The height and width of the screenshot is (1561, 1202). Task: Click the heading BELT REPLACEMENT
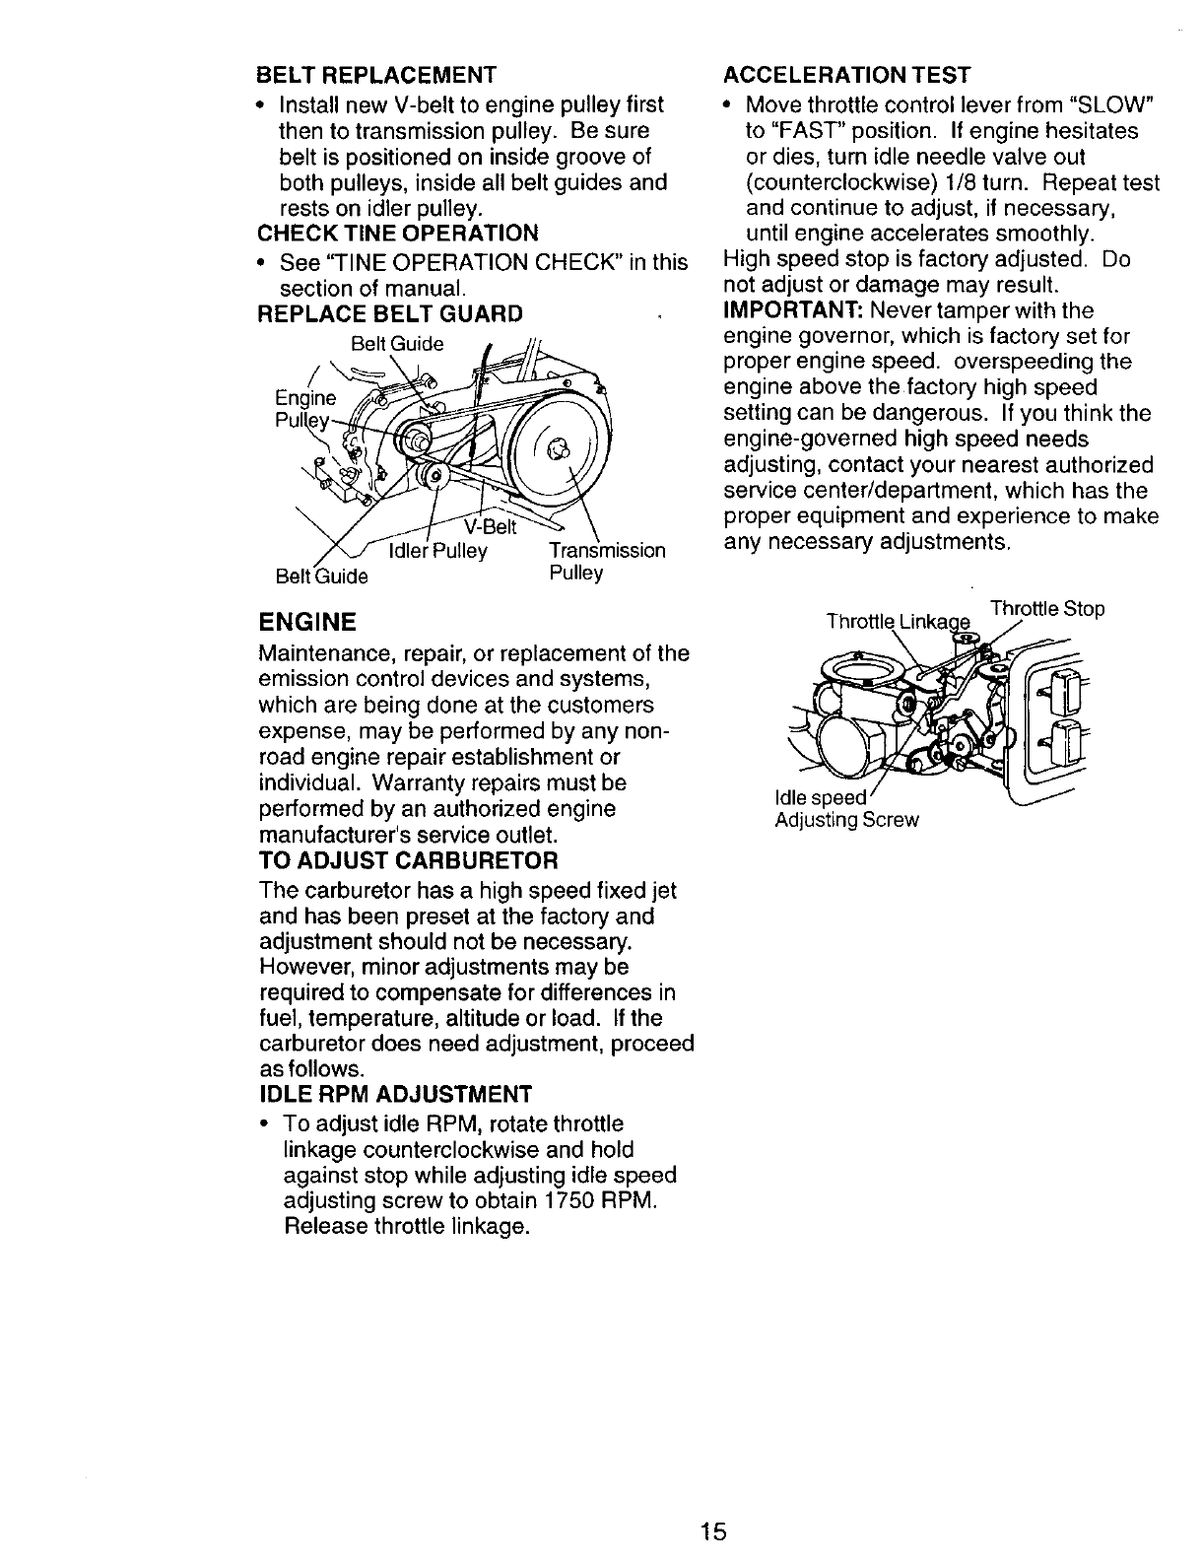pyautogui.click(x=375, y=76)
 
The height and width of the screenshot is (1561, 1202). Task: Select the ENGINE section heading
pyautogui.click(x=306, y=623)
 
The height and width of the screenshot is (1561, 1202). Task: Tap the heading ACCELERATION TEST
pyautogui.click(x=846, y=76)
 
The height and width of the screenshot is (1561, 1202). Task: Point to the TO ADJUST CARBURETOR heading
pyautogui.click(x=408, y=860)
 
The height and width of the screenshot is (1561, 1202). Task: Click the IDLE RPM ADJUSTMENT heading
pyautogui.click(x=394, y=1095)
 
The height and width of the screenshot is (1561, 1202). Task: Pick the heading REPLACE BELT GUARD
pyautogui.click(x=389, y=314)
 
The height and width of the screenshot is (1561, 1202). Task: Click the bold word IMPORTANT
pyautogui.click(x=784, y=311)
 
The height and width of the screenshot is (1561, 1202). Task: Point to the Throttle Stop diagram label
pyautogui.click(x=1046, y=608)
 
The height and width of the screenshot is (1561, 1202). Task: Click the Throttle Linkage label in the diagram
pyautogui.click(x=899, y=622)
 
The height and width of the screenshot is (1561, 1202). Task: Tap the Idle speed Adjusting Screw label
pyautogui.click(x=845, y=809)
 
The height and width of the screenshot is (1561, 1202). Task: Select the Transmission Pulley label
pyautogui.click(x=606, y=562)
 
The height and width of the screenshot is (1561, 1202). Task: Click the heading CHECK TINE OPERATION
pyautogui.click(x=397, y=234)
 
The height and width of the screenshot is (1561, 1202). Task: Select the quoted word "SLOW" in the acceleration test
pyautogui.click(x=1117, y=105)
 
